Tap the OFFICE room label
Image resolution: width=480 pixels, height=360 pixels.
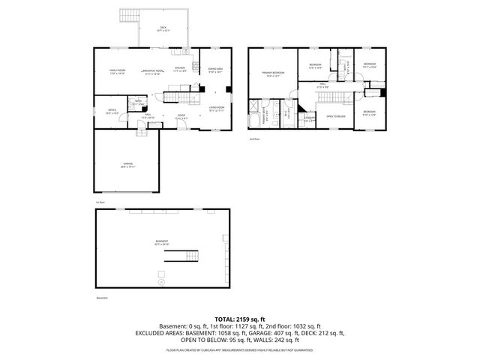[x=111, y=110]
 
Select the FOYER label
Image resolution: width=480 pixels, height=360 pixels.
[x=180, y=117]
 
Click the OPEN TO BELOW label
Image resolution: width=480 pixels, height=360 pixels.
[x=335, y=116]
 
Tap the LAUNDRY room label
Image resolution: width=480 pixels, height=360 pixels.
[x=309, y=118]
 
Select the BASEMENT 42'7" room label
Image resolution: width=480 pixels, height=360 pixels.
[x=162, y=242]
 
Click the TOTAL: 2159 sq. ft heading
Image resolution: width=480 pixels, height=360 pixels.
[x=240, y=318]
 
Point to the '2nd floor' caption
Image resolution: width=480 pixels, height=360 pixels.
[x=254, y=139]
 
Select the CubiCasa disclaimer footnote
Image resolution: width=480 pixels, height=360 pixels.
[x=240, y=349]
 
